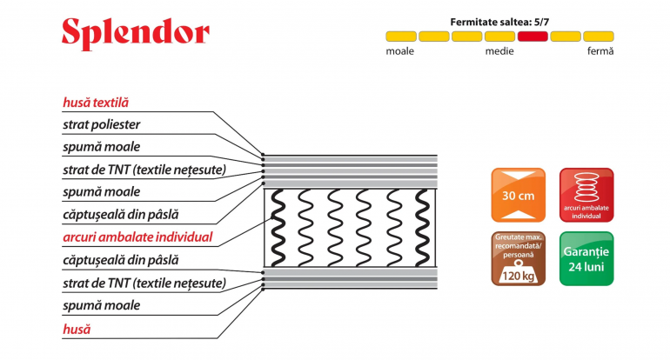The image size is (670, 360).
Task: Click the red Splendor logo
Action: [x=136, y=33]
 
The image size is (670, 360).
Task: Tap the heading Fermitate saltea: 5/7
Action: [x=499, y=23]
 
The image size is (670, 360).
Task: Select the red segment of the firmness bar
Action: [x=533, y=37]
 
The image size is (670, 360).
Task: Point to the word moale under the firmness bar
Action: [x=400, y=51]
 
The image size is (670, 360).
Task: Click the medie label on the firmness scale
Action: [x=499, y=51]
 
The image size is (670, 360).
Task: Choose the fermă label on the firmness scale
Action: [x=600, y=51]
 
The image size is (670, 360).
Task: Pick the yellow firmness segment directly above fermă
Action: [x=599, y=37]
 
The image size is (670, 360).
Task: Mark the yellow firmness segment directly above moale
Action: [x=401, y=37]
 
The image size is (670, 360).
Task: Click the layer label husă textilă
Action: [x=96, y=103]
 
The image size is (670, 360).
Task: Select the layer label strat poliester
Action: [x=101, y=124]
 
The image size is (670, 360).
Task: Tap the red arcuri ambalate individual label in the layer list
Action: [x=137, y=237]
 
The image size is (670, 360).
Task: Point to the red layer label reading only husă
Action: [x=77, y=329]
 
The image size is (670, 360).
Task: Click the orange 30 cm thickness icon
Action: [x=519, y=195]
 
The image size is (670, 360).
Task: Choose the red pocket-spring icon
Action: [x=586, y=195]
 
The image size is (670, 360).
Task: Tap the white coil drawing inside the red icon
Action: [x=586, y=187]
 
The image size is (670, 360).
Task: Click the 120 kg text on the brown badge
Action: [x=518, y=276]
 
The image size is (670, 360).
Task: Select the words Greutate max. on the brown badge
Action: [x=519, y=237]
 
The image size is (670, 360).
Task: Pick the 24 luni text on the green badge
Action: [x=586, y=267]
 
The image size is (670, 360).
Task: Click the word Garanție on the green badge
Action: [x=586, y=251]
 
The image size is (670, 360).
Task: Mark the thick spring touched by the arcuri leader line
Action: [x=278, y=228]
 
